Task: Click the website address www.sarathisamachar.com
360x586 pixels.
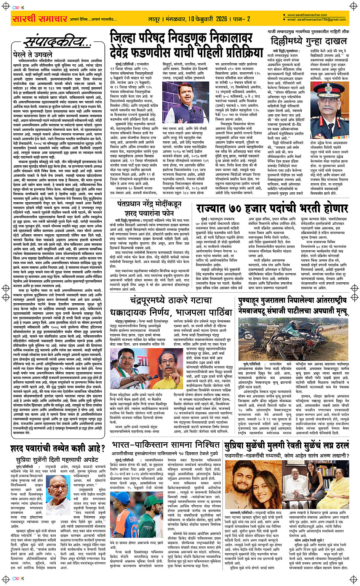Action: point(304,15)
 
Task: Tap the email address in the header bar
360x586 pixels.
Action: point(317,19)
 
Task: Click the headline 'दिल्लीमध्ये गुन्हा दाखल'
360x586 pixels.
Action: point(309,41)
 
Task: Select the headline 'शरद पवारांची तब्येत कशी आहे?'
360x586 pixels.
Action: point(58,448)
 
